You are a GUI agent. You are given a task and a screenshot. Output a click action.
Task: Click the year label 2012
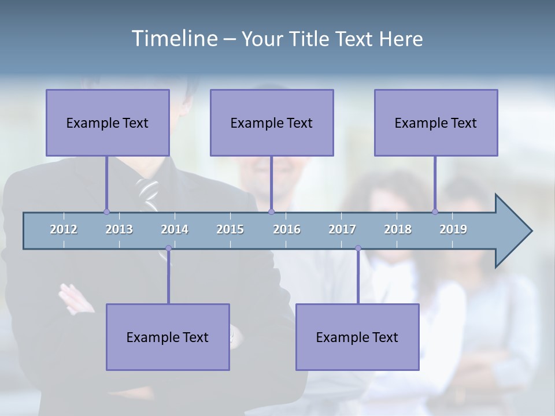click(x=64, y=229)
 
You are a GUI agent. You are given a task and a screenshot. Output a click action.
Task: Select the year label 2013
click(x=119, y=229)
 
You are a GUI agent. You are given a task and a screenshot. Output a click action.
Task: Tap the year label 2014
click(x=175, y=229)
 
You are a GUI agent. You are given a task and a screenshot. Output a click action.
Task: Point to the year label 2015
click(x=230, y=229)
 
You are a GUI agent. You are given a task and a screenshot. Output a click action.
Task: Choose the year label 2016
click(x=287, y=229)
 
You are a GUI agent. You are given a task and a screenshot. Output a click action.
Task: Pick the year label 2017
click(x=342, y=229)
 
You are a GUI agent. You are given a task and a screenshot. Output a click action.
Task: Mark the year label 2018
click(x=398, y=229)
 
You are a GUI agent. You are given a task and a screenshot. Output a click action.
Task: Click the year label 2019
click(x=453, y=229)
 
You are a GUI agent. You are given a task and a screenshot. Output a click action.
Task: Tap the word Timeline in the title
click(x=174, y=38)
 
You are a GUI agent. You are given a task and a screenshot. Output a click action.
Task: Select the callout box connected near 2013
click(x=108, y=122)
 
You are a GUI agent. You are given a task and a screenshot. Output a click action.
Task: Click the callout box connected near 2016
click(x=272, y=122)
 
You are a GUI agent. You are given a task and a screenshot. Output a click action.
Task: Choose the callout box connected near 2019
click(x=436, y=122)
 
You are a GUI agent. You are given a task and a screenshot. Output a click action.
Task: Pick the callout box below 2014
click(x=168, y=337)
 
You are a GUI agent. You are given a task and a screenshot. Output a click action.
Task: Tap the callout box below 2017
click(x=357, y=337)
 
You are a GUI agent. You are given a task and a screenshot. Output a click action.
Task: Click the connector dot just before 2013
click(x=106, y=211)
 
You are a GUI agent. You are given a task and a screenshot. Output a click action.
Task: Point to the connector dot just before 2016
click(x=272, y=211)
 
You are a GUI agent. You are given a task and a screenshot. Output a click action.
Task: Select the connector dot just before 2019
click(x=435, y=211)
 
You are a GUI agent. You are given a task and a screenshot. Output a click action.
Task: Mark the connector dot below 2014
click(x=168, y=248)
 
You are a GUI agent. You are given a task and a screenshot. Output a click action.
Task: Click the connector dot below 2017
click(x=358, y=248)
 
